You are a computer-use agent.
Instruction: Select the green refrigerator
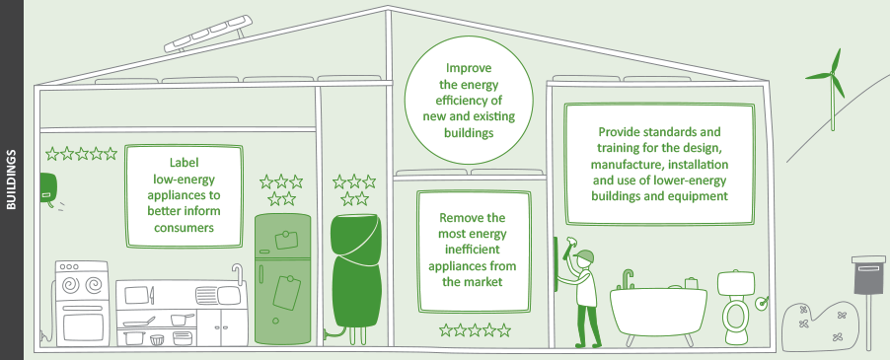[x=283, y=276]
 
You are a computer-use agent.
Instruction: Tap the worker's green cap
[x=585, y=257]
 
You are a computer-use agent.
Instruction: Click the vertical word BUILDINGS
[x=11, y=180]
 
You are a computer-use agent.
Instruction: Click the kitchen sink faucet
[x=235, y=271]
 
